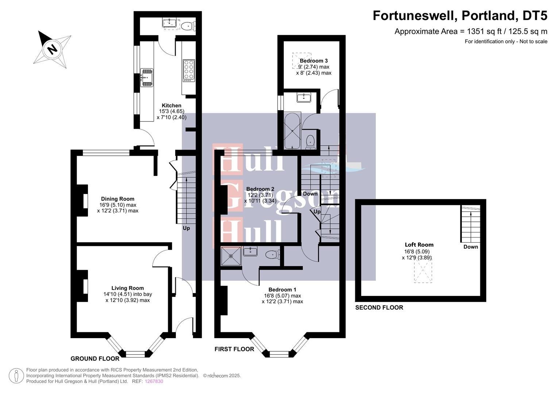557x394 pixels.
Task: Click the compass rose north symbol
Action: click(52, 49)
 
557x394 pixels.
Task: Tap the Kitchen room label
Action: click(171, 105)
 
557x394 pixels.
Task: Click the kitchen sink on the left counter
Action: click(147, 78)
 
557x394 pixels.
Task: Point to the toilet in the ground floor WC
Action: click(188, 26)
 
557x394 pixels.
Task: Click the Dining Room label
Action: click(117, 199)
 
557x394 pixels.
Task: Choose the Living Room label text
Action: click(128, 288)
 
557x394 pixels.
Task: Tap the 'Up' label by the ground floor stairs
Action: click(186, 228)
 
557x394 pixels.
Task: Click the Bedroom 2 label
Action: click(260, 189)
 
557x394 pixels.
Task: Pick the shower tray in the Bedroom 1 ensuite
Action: click(231, 256)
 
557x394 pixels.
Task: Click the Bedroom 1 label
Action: click(282, 290)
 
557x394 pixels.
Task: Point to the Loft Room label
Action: click(419, 245)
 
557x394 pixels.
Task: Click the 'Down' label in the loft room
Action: click(471, 247)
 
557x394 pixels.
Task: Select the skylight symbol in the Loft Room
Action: click(423, 270)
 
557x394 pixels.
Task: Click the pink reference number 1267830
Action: click(154, 381)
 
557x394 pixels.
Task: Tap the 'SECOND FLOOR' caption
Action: click(379, 308)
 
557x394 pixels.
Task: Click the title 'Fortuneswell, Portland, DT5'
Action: click(460, 16)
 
